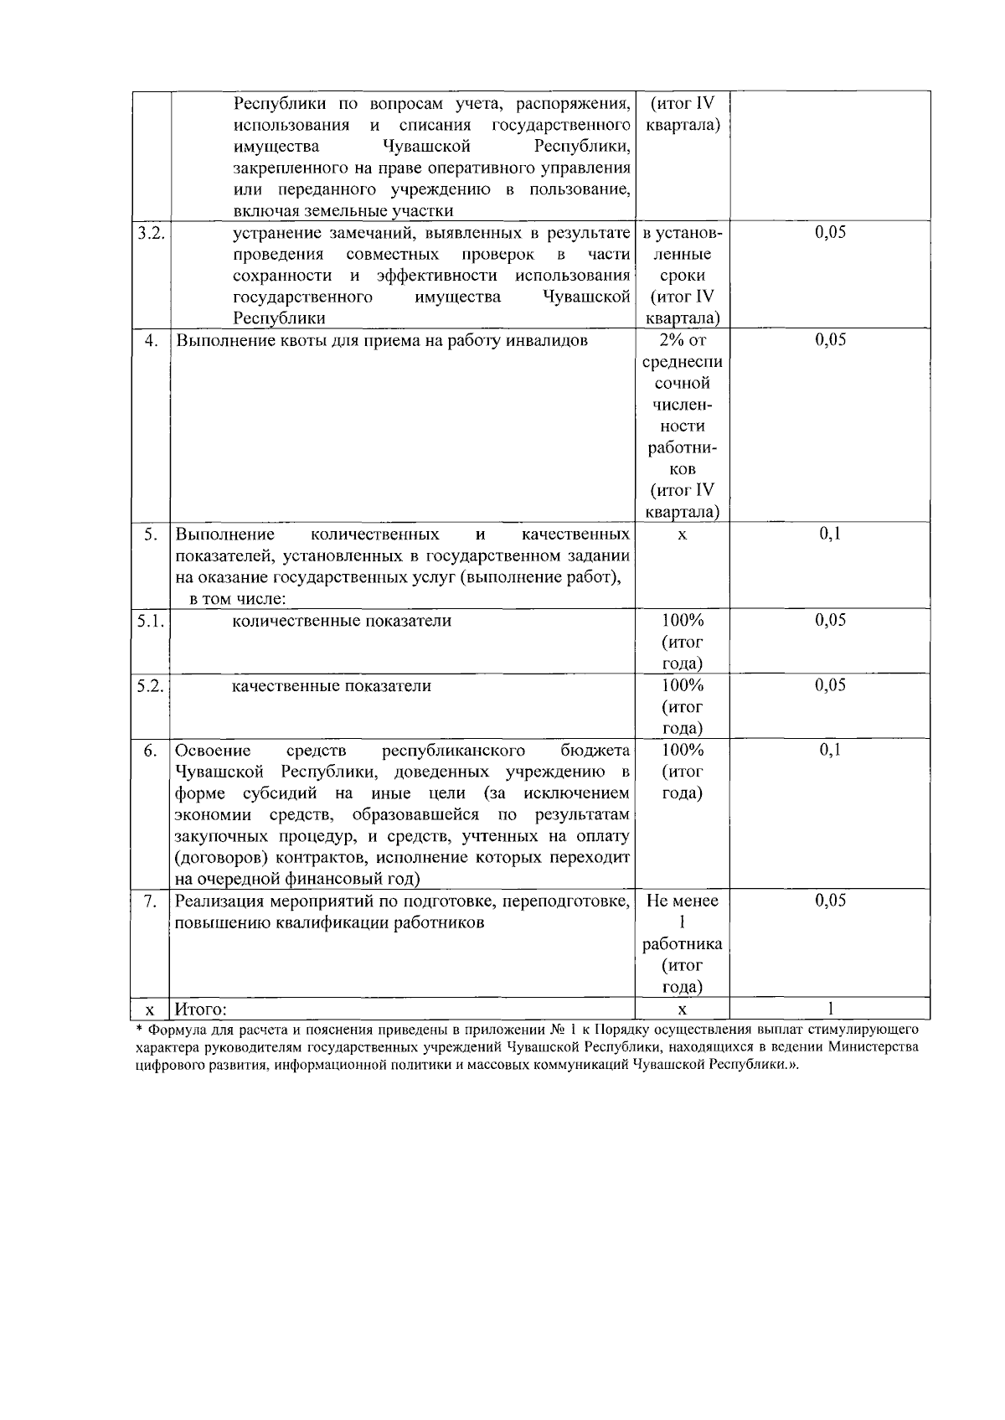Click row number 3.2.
(151, 233)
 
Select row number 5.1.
(151, 621)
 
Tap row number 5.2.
(151, 686)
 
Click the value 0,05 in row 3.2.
(830, 233)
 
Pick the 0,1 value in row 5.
(830, 534)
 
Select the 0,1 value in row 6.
(830, 750)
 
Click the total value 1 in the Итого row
(830, 1009)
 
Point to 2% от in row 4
(682, 340)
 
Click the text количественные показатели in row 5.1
(342, 621)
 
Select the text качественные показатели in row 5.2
(332, 686)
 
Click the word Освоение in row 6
(214, 750)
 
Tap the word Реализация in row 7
(219, 901)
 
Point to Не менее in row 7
(682, 901)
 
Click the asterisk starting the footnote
(139, 1028)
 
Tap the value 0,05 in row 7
(830, 901)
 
